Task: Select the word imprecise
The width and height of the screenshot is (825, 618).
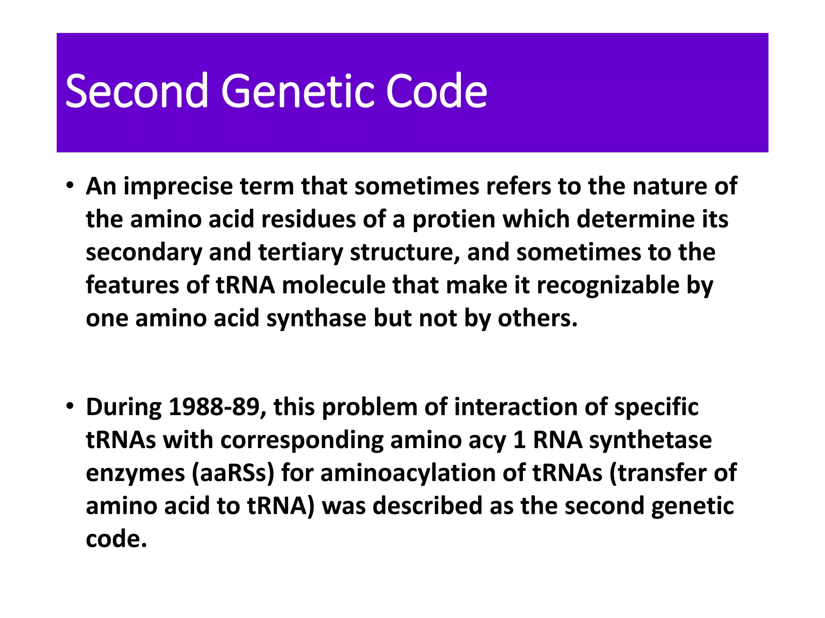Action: coord(178,187)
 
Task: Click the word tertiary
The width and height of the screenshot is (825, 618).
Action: coord(300,253)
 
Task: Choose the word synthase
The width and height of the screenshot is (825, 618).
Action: coord(317,319)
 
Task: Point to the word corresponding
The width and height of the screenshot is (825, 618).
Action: coord(302,440)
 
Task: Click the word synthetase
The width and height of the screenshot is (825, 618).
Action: coord(650,440)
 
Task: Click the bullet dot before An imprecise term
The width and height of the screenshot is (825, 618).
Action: coord(70,186)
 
